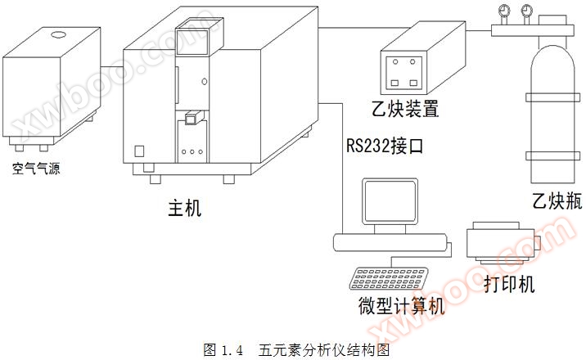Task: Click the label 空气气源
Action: click(37, 169)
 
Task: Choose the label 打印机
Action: click(508, 284)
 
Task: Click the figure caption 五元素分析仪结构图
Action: click(322, 349)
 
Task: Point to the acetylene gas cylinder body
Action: click(551, 123)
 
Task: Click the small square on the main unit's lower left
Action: click(139, 151)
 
